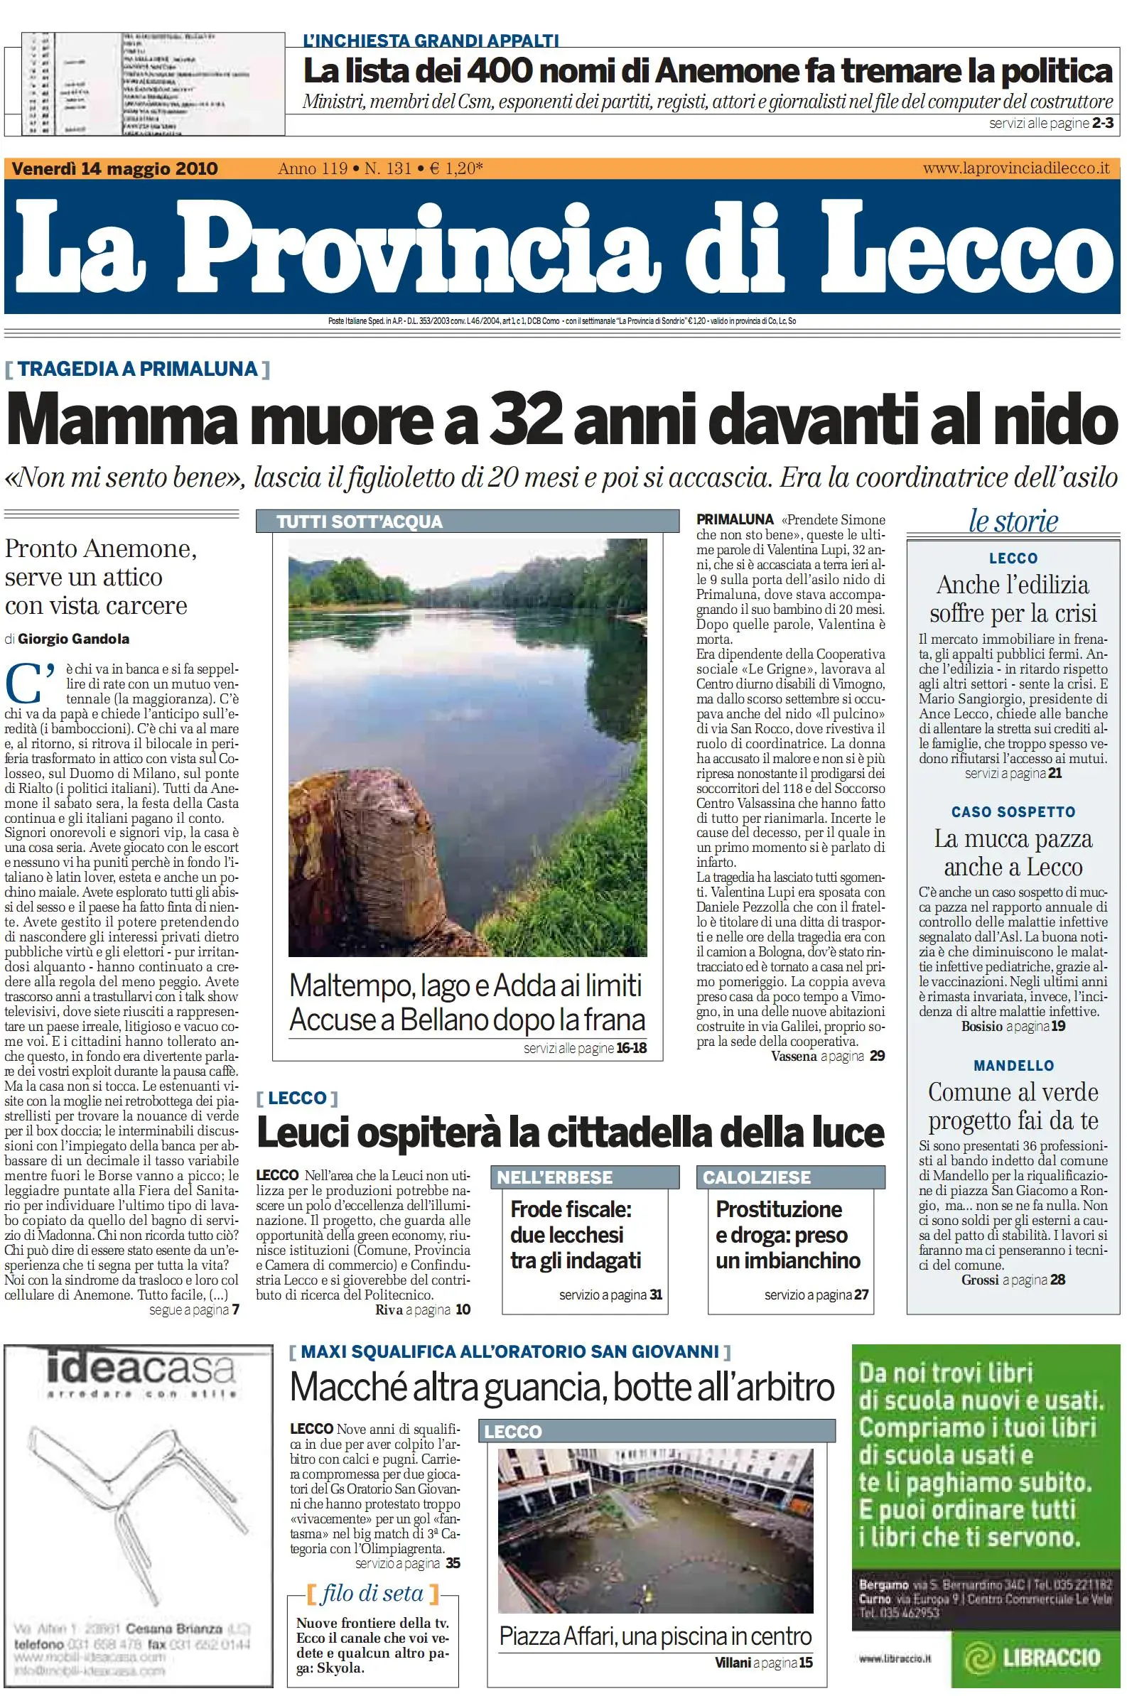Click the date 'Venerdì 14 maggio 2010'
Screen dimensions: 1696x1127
coord(115,169)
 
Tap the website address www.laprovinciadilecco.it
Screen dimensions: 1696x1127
coord(1015,169)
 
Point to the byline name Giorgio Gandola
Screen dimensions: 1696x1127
coord(74,639)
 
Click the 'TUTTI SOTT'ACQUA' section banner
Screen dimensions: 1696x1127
coord(360,522)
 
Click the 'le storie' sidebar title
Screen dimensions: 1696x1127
coord(1013,521)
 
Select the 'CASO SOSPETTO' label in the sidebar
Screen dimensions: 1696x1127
coord(1013,812)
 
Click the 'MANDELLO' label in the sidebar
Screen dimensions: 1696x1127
coord(1013,1066)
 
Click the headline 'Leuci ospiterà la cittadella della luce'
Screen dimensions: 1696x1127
coord(570,1133)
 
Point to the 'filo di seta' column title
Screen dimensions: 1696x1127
coord(372,1594)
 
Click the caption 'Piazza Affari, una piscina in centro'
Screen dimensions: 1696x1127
coord(655,1637)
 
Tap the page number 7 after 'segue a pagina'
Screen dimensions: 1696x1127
coord(235,1310)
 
